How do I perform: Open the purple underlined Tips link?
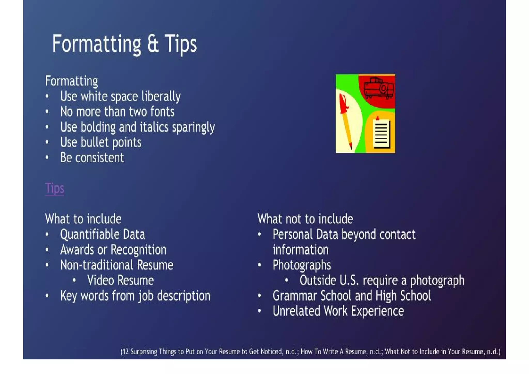pos(55,188)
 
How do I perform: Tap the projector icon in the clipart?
pos(378,88)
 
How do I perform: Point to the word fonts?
pos(162,112)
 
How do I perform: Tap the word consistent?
pos(99,158)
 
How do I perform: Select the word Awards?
pos(77,250)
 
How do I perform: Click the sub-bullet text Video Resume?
pos(120,280)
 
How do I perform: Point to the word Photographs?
pos(301,265)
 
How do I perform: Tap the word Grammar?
pos(294,296)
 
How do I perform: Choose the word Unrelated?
pos(296,311)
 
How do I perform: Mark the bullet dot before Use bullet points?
pos(47,142)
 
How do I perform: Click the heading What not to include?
pos(305,219)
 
